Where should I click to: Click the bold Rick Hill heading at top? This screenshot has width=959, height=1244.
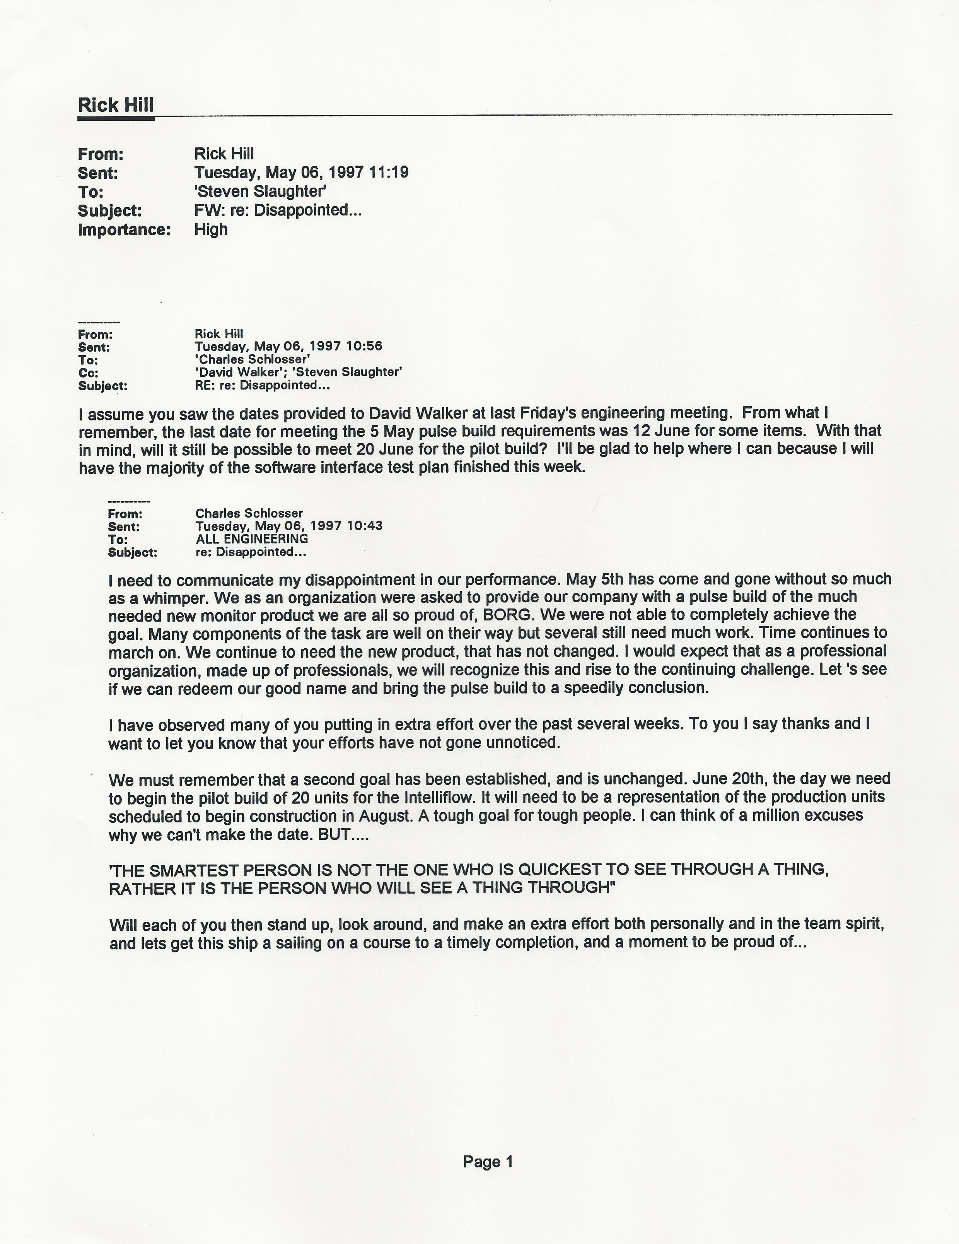click(116, 105)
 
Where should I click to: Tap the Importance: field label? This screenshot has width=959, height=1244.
click(124, 230)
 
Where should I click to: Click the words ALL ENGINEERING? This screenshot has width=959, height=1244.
click(252, 539)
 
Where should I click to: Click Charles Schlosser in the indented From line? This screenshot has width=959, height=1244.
click(249, 513)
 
